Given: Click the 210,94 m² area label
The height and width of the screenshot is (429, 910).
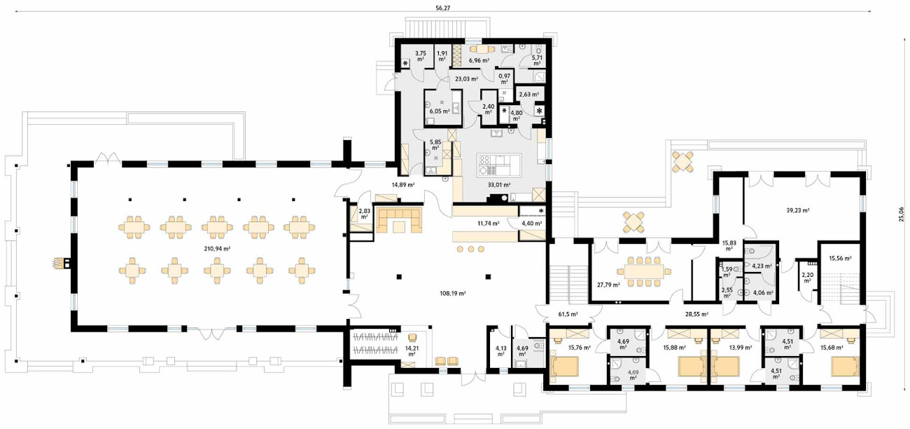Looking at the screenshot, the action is point(217,248).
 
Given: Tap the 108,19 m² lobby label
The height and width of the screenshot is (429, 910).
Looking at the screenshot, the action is point(453,293).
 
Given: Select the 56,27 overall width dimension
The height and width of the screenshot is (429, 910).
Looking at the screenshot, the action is point(443,8).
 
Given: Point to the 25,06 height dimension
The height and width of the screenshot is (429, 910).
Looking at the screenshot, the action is point(902,214).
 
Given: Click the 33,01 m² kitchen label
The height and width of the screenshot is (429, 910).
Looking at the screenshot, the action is point(499,184).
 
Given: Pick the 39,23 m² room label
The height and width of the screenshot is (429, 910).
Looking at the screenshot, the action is point(798,210).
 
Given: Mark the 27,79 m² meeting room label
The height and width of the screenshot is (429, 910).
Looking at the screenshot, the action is point(608,285).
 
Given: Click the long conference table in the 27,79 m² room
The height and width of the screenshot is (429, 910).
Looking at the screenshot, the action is point(644,272).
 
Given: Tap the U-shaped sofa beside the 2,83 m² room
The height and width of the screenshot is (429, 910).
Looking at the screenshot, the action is point(399,220).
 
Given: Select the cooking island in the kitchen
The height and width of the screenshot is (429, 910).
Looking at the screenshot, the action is point(499,165).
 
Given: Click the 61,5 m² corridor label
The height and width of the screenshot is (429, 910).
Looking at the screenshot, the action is point(568,314).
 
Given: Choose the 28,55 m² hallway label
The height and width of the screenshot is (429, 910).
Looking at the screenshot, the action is point(697,314).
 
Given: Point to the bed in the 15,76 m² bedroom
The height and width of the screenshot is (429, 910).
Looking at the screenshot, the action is point(563,367).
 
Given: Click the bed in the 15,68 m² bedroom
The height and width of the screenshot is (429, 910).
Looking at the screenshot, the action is point(845,367).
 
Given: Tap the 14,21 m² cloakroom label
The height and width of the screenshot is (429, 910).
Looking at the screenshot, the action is point(412,351).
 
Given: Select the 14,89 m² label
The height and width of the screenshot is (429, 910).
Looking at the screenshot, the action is point(403,184).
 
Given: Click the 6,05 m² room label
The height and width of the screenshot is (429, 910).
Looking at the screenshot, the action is point(440,111).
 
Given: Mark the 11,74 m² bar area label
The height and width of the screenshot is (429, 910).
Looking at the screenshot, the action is point(489,223).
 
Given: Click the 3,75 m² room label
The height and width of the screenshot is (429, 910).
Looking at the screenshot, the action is point(421,55).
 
